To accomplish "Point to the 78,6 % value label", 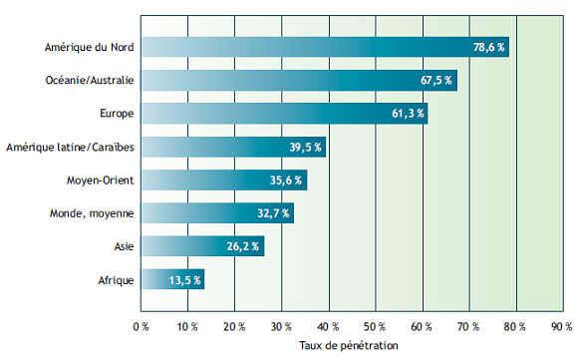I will (x=488, y=47).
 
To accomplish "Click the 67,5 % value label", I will (x=436, y=81).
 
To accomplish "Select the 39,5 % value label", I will (x=305, y=148).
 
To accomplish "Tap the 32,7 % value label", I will (x=273, y=213).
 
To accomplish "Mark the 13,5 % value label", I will (x=183, y=280).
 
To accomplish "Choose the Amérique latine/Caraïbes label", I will (x=70, y=148).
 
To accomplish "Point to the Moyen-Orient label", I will (x=101, y=180).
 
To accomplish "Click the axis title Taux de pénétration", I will (x=348, y=345).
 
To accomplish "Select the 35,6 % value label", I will (x=287, y=180).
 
